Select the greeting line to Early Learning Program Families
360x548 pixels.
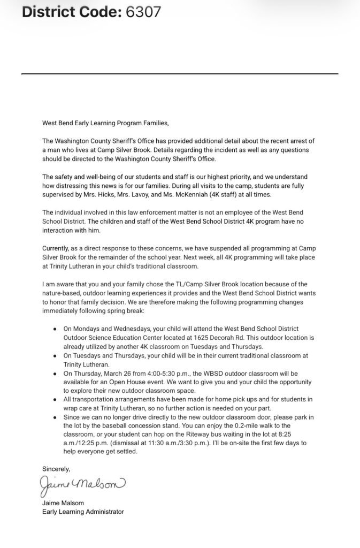pyautogui.click(x=105, y=123)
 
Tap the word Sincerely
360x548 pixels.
pyautogui.click(x=56, y=468)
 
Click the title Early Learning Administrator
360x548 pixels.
pyautogui.click(x=83, y=512)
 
